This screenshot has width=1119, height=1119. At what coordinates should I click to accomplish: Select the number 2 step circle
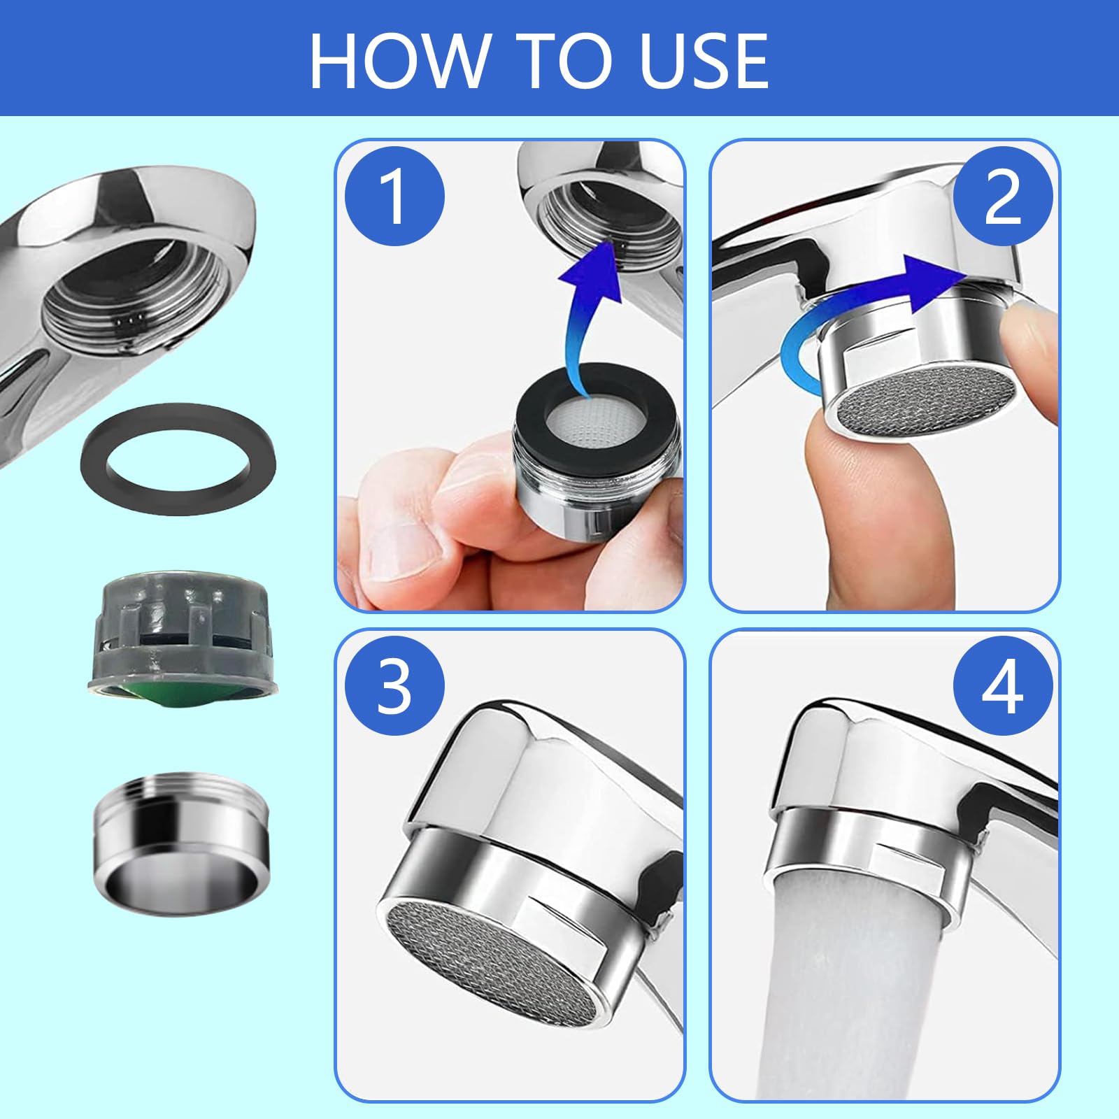1002,197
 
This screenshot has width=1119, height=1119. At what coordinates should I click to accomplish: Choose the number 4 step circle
1002,686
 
